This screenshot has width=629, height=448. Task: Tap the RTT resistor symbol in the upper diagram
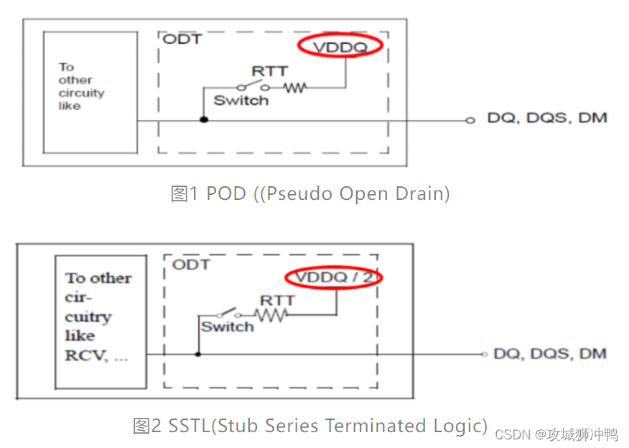[x=294, y=88]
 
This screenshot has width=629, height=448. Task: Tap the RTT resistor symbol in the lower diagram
[x=272, y=315]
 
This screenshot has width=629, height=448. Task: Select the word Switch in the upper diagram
[x=241, y=101]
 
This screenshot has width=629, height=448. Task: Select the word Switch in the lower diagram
[x=227, y=327]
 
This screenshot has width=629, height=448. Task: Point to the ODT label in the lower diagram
[x=191, y=265]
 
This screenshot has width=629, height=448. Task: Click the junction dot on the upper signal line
[x=204, y=119]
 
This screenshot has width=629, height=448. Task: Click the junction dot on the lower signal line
[x=198, y=354]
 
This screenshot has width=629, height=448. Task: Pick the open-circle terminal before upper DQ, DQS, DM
[x=470, y=120]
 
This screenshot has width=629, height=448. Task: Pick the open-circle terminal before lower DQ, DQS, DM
[x=485, y=354]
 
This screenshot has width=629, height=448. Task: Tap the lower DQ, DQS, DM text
[x=550, y=353]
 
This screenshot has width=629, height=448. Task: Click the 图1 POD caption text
[x=309, y=193]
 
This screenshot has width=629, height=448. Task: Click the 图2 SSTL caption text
[x=309, y=426]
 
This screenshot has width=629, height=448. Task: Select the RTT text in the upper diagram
[x=269, y=71]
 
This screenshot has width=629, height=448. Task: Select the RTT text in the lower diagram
[x=277, y=299]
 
